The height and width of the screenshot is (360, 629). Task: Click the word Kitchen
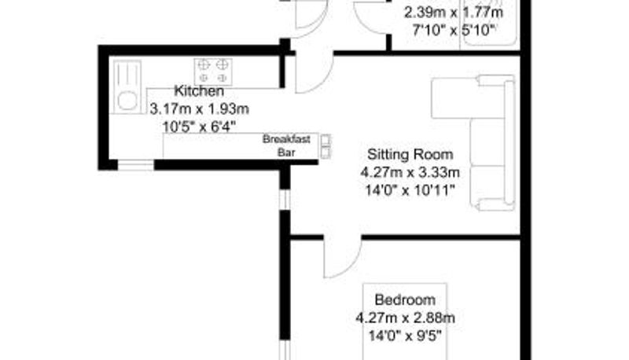199,91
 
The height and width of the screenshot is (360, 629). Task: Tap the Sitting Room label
410,154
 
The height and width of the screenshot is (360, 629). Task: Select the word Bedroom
405,299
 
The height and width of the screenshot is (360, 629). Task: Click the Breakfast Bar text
286,146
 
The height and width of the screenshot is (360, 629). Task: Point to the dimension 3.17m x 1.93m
200,108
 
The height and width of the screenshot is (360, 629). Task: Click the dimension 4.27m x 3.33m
410,172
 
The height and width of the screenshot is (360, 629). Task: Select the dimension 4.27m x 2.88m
405,318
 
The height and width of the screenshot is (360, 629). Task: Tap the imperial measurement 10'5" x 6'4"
199,127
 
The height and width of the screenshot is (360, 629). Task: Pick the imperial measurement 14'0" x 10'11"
410,189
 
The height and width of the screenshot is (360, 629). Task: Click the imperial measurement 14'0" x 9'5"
405,335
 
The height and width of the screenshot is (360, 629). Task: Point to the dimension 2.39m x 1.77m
454,13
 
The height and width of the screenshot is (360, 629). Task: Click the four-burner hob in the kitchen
213,72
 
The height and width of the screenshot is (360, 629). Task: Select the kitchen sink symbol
127,86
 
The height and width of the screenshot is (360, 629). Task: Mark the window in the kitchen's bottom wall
135,165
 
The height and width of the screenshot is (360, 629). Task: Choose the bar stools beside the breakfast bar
326,146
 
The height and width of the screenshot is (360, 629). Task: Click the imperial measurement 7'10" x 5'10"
454,30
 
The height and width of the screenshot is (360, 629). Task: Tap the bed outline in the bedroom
405,321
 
